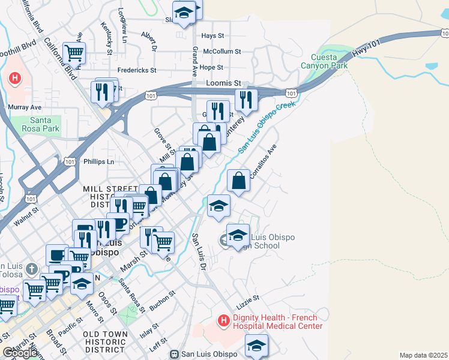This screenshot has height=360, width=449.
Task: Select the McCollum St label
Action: click(x=221, y=52)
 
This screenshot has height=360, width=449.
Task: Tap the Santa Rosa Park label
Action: click(x=44, y=124)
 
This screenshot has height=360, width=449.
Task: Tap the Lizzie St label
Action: click(x=247, y=298)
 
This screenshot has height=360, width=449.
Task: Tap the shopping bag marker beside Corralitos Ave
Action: click(x=239, y=180)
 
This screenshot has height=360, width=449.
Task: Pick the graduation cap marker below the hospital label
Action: click(x=256, y=346)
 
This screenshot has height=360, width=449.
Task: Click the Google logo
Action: click(x=20, y=353)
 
